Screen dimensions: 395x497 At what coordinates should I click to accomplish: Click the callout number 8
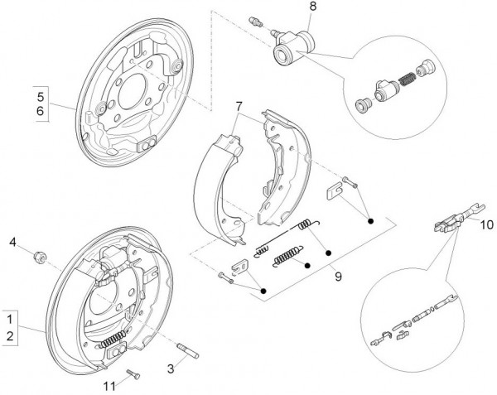[312, 7]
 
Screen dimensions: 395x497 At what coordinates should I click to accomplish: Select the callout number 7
[239, 107]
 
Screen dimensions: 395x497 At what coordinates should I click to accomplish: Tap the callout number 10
[486, 224]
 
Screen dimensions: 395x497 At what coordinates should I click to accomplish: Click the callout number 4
[12, 242]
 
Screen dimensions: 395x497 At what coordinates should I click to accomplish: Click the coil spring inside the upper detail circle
[409, 83]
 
